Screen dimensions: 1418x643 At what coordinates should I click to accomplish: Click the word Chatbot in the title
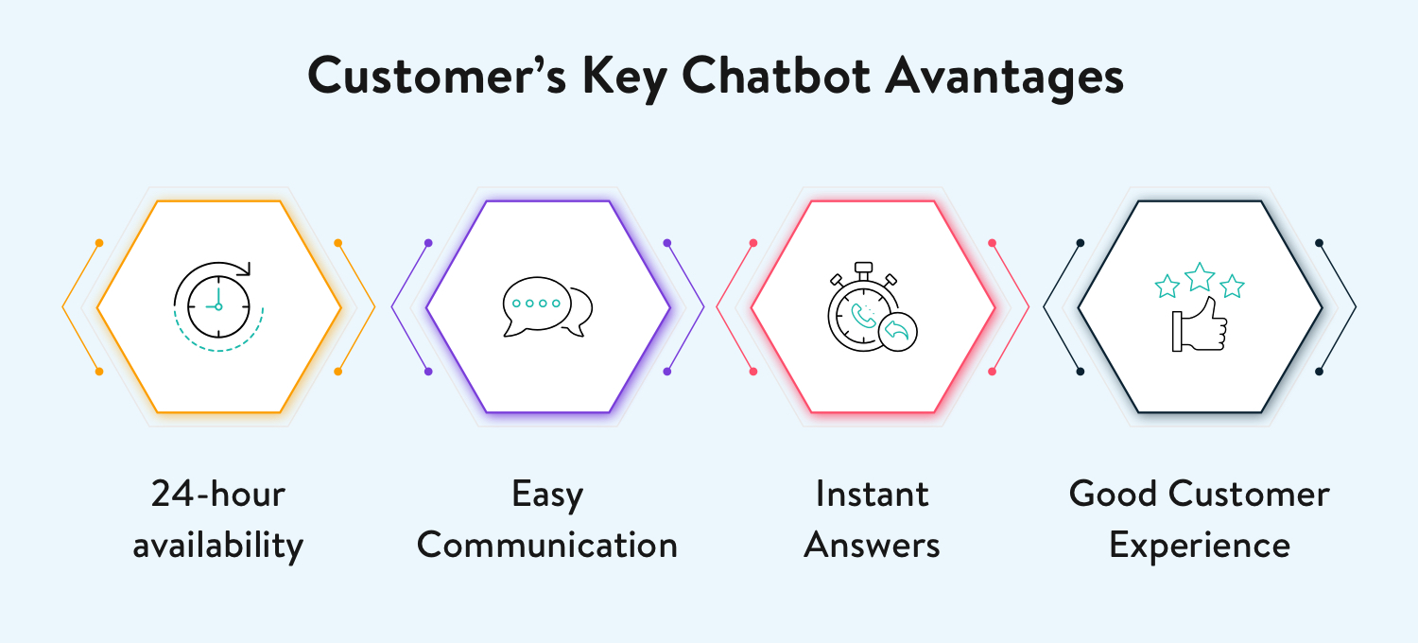click(776, 76)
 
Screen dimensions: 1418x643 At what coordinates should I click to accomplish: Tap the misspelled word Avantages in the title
click(1005, 78)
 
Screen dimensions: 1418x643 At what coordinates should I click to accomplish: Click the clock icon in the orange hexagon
click(218, 306)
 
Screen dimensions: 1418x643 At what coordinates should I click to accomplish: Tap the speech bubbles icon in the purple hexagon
click(547, 306)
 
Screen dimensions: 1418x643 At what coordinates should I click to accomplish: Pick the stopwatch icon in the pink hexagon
click(873, 306)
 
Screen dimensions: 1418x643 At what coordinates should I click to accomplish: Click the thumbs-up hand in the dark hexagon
click(1199, 324)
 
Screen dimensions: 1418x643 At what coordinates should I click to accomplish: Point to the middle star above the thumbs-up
click(1200, 277)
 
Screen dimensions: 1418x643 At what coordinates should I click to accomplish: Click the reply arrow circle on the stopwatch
click(898, 331)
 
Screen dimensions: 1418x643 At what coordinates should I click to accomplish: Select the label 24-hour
click(218, 495)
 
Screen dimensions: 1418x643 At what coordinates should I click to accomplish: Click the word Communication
click(547, 545)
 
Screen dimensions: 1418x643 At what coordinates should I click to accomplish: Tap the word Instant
click(873, 495)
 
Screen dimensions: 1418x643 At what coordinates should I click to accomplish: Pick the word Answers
click(873, 546)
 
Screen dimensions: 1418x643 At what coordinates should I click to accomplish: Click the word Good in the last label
click(1113, 494)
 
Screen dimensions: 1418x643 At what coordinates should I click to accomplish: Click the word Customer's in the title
click(437, 76)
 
